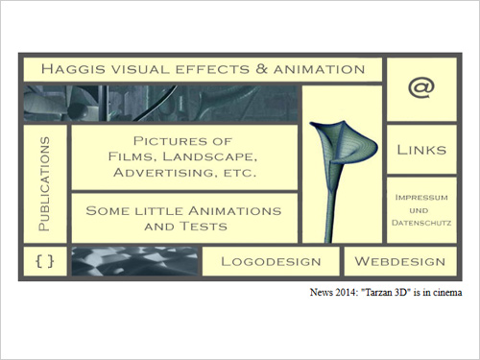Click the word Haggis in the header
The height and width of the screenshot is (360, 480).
point(72,69)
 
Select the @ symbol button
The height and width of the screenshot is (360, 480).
point(420,87)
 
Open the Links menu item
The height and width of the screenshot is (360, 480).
point(421,151)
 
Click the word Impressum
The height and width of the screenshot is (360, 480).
point(421,197)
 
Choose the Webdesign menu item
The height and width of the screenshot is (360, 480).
point(400,261)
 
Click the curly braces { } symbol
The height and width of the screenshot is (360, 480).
point(42,260)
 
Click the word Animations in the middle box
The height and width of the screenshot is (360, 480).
point(231,209)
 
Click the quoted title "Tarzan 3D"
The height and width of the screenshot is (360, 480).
point(387,290)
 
